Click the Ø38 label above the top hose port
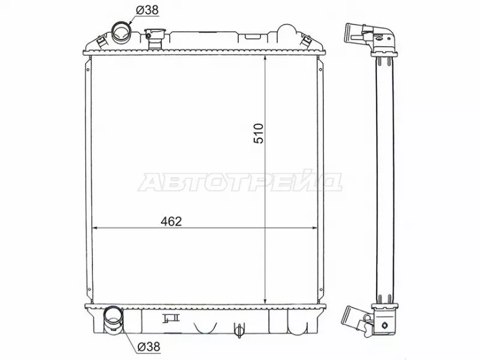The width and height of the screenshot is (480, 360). click(x=147, y=10)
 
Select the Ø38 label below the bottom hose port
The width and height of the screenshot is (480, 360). click(x=149, y=347)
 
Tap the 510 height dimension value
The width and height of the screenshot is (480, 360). click(x=259, y=133)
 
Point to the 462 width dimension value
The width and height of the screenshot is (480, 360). click(x=171, y=221)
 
